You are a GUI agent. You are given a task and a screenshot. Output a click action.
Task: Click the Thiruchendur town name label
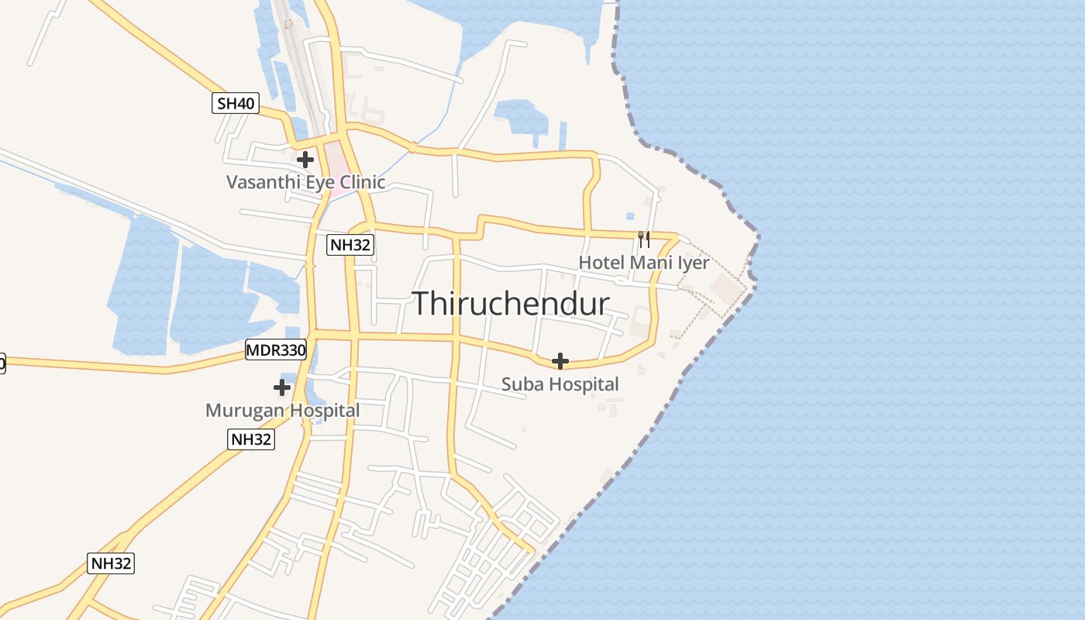pos(511,303)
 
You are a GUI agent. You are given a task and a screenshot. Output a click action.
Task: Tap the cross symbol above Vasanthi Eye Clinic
pos(305,160)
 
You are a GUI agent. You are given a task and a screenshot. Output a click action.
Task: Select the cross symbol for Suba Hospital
pos(560,361)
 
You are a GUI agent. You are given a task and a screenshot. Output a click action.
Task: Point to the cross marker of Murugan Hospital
pos(282,387)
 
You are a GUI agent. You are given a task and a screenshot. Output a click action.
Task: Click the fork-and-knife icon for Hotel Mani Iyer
pos(644,239)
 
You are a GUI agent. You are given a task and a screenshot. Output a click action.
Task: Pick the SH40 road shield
pos(235,103)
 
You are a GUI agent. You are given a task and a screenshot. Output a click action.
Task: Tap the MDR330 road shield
pos(276,350)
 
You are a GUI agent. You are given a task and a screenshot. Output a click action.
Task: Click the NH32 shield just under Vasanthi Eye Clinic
pos(350,245)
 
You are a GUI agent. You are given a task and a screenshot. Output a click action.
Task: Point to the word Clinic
pos(360,183)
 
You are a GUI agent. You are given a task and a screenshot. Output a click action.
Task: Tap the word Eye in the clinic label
pos(315,183)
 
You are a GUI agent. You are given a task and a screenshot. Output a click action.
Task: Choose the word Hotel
pos(601,263)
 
